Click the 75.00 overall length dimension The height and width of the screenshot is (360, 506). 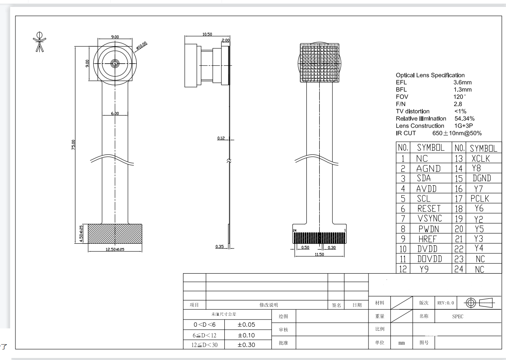[x=73, y=145]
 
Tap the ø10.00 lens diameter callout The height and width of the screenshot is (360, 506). [x=142, y=45]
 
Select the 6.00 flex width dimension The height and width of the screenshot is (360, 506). [x=115, y=113]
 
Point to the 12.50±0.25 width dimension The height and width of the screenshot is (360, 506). [x=115, y=249]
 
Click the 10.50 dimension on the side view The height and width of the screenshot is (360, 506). [x=207, y=34]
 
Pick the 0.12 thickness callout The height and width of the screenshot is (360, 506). [x=221, y=138]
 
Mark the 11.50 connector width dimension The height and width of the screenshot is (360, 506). [x=319, y=254]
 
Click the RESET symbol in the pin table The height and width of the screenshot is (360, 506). [x=429, y=208]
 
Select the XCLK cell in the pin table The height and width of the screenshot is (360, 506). [x=481, y=159]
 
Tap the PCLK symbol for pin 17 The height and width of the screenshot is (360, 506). [x=480, y=198]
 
